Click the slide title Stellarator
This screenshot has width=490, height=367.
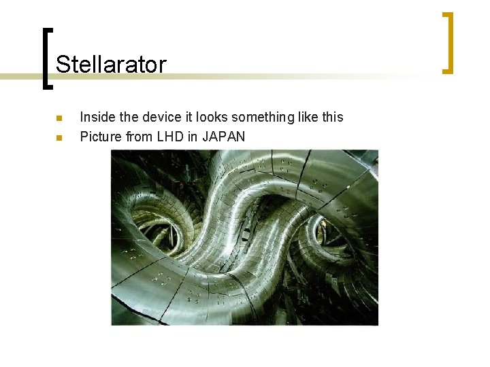(111, 65)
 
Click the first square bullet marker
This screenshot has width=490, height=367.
(59, 118)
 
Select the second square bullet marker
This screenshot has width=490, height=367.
(59, 137)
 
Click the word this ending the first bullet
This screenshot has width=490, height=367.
(333, 117)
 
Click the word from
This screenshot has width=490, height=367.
(140, 137)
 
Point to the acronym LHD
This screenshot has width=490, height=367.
(170, 137)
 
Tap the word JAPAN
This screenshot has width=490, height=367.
(223, 137)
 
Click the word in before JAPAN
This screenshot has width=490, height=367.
(193, 137)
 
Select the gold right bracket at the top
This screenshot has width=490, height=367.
(448, 42)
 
